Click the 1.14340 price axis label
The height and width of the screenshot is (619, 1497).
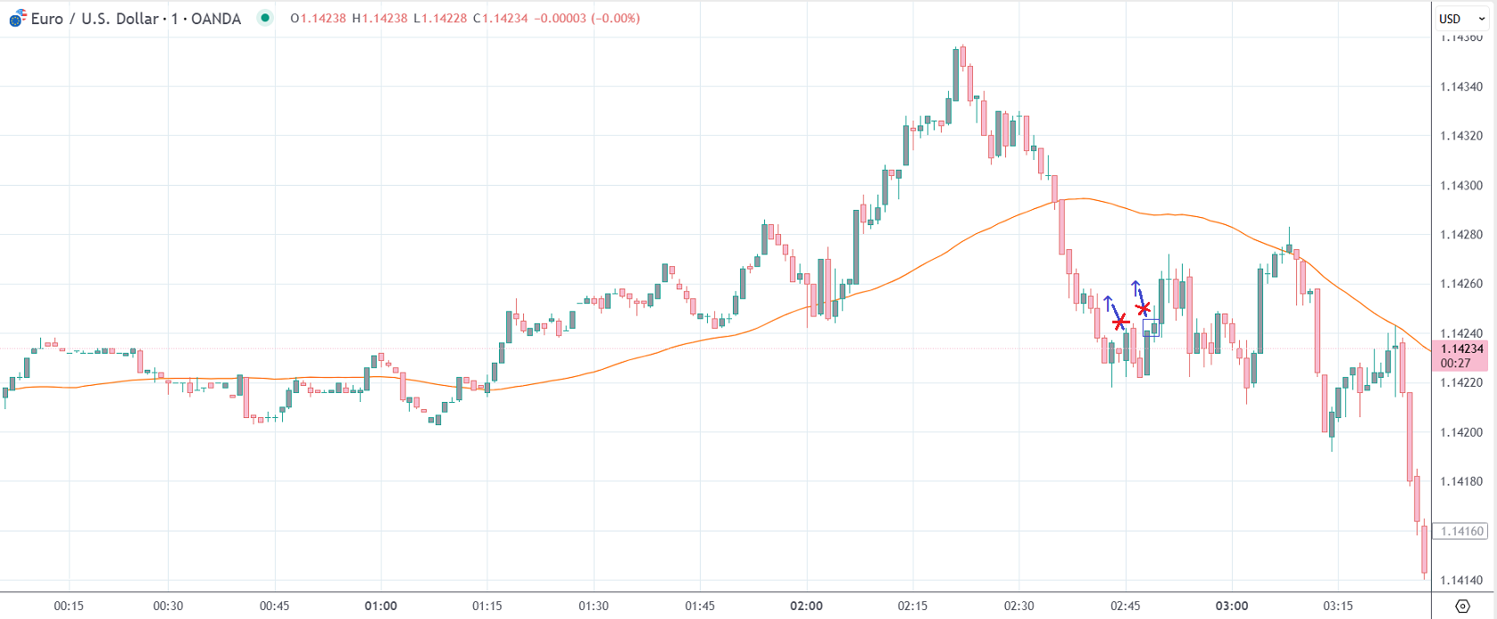pyautogui.click(x=1461, y=87)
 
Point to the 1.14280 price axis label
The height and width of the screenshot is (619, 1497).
pyautogui.click(x=1461, y=235)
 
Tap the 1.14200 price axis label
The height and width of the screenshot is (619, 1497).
pyautogui.click(x=1461, y=432)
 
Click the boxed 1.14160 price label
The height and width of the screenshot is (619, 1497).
pyautogui.click(x=1461, y=531)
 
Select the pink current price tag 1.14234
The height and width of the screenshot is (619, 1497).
pyautogui.click(x=1461, y=349)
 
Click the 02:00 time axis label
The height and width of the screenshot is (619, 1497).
pyautogui.click(x=806, y=606)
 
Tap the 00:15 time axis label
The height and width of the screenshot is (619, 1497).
pyautogui.click(x=69, y=606)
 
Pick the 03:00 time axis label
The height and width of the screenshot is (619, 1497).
pyautogui.click(x=1232, y=606)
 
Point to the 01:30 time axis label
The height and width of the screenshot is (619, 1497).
pyautogui.click(x=594, y=606)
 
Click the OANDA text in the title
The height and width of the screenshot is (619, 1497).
pyautogui.click(x=216, y=19)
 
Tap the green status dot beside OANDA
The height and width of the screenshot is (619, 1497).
pyautogui.click(x=265, y=18)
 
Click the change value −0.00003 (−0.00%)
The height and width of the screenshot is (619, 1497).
pyautogui.click(x=586, y=19)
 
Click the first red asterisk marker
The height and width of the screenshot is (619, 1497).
pyautogui.click(x=1120, y=322)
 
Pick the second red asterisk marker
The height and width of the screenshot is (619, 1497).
pyautogui.click(x=1143, y=309)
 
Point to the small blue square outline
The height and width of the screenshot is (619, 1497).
pyautogui.click(x=1152, y=328)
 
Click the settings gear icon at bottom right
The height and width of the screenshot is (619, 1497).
pyautogui.click(x=1462, y=606)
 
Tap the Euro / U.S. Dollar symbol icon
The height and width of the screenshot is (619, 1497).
pyautogui.click(x=17, y=18)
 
